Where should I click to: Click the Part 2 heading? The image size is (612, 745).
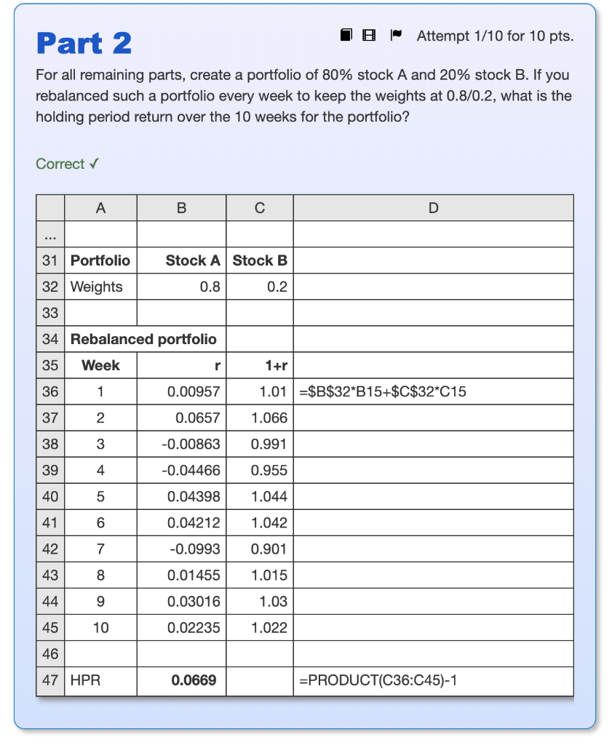84,43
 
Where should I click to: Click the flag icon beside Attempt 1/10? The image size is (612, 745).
395,35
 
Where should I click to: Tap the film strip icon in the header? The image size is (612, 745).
370,35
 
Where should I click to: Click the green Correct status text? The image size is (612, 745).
67,164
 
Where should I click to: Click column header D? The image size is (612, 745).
433,208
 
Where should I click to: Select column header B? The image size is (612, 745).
181,208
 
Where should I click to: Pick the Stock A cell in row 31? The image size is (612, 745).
193,260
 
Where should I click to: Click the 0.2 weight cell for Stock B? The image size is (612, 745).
277,287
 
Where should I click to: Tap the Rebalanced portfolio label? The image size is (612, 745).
143,339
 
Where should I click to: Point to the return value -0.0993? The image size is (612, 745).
194,549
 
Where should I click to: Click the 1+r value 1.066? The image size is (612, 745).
269,418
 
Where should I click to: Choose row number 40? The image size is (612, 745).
50,497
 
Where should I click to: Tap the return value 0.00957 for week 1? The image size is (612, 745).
194,392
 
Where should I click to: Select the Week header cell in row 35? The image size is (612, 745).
100,365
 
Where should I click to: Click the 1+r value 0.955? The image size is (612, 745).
269,471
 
